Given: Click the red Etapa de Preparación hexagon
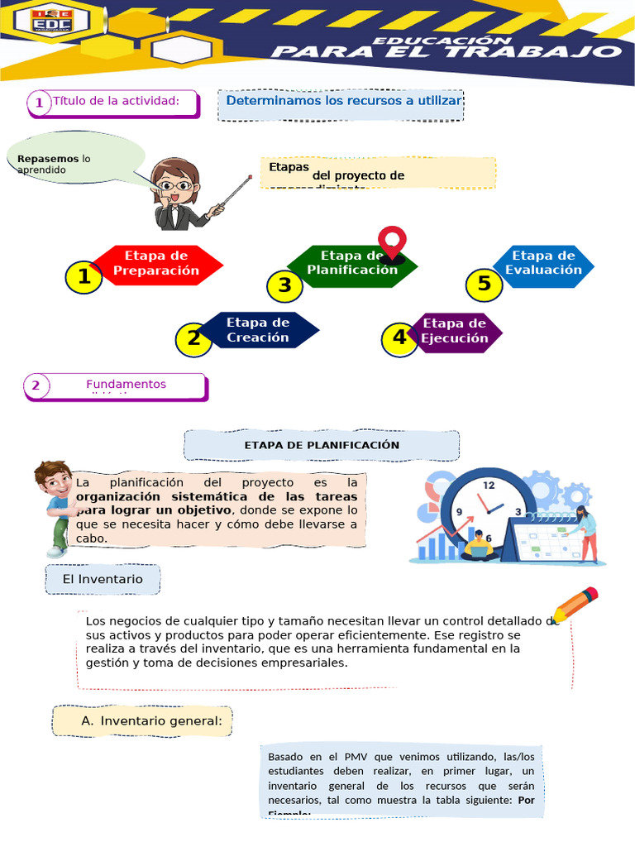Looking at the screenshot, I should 157,264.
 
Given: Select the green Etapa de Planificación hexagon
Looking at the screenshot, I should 353,264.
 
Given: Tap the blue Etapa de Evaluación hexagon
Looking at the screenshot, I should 543,264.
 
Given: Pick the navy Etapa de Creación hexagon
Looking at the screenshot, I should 258,330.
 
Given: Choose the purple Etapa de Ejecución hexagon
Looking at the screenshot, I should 454,331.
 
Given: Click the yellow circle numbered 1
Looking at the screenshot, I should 84,278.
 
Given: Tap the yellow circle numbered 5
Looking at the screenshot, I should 484,285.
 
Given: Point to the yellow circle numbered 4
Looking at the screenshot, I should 400,337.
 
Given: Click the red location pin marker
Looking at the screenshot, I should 392,242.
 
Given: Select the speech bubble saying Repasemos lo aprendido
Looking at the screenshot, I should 76,160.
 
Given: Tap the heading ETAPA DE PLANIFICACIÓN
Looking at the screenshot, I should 322,445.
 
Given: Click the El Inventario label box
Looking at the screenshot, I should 103,579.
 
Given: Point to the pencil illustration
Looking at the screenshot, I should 575,605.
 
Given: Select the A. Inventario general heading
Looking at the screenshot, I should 142,721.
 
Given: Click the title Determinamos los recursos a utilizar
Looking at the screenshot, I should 342,102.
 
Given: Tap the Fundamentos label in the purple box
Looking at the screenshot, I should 126,385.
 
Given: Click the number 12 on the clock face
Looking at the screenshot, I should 489,486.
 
